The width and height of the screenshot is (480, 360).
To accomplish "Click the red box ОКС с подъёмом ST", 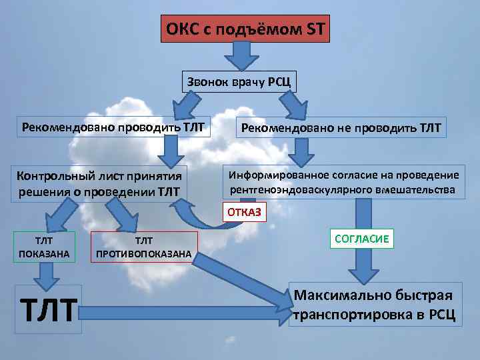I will (245, 29).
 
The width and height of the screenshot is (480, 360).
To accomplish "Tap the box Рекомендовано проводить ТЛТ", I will (113, 126).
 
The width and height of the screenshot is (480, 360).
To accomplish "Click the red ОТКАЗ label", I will (245, 213).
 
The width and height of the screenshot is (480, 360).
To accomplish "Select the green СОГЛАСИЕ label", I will (361, 238).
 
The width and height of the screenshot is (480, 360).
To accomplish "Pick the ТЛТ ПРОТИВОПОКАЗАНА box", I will (143, 247).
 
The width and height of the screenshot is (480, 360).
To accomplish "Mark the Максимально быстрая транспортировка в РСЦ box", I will (374, 305).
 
